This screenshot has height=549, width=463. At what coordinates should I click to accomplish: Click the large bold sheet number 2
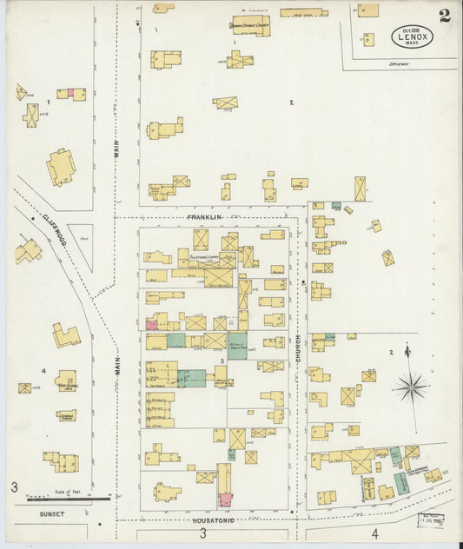444,15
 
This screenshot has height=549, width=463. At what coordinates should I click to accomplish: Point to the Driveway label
400,63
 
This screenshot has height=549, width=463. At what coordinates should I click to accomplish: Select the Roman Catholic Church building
249,26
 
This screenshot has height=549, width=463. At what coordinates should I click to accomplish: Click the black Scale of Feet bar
68,499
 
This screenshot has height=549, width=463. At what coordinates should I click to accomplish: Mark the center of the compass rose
410,386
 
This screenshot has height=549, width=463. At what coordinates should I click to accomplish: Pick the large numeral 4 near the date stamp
375,532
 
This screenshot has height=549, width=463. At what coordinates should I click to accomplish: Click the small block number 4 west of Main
43,372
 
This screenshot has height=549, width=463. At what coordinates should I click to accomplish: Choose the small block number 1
50,103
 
